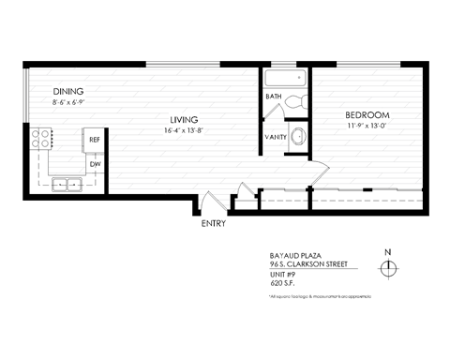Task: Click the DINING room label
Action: tap(68, 91)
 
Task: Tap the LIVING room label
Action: tap(184, 119)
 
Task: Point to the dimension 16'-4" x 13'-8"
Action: tap(184, 130)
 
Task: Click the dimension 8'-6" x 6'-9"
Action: tap(68, 101)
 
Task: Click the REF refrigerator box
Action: tap(94, 139)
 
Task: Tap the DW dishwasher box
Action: tap(94, 164)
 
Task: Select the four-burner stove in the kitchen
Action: tap(43, 140)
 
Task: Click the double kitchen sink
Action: tap(68, 182)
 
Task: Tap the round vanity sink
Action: tap(297, 136)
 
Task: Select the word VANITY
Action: tap(277, 138)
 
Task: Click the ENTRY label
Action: tap(215, 225)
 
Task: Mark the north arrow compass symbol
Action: tap(388, 267)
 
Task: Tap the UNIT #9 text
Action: tap(281, 275)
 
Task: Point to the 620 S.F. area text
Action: tap(281, 284)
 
